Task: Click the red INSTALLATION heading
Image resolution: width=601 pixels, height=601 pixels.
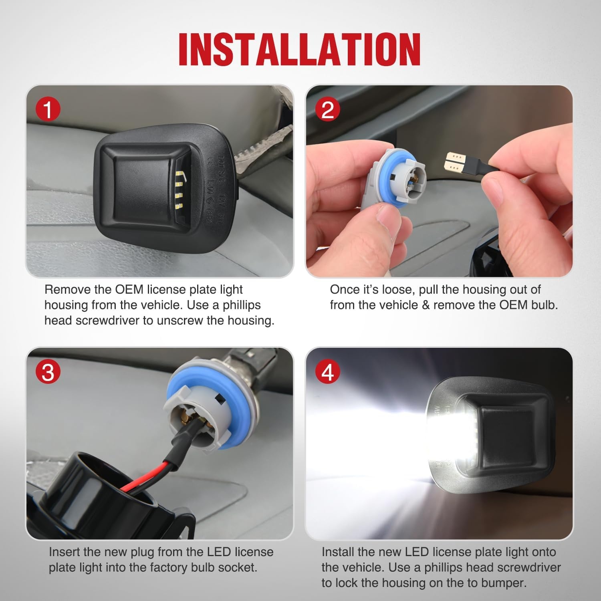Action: pyautogui.click(x=300, y=49)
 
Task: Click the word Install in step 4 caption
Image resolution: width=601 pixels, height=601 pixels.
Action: pyautogui.click(x=338, y=552)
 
